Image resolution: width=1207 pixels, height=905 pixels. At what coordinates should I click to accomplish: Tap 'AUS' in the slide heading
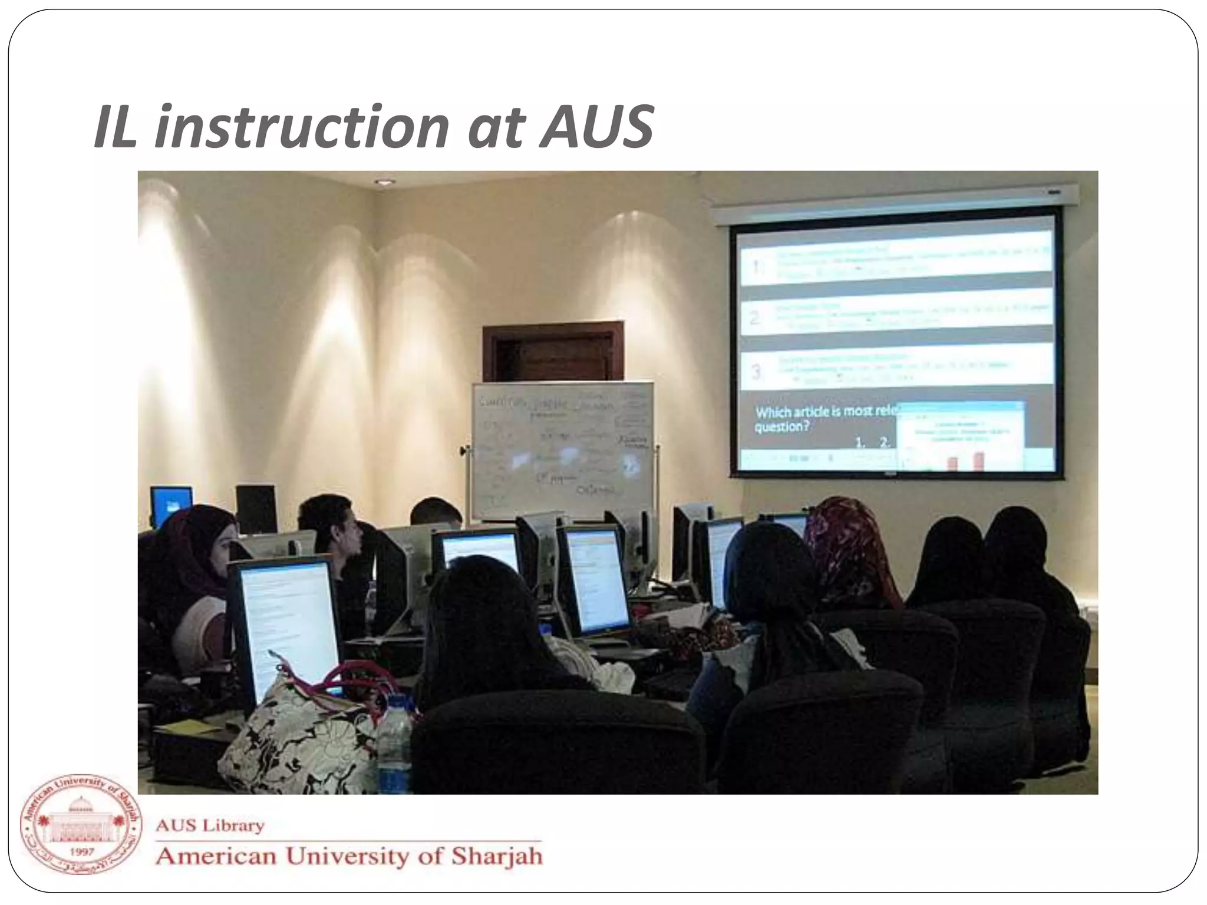pyautogui.click(x=596, y=127)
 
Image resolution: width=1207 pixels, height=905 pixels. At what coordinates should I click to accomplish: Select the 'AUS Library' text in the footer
pyautogui.click(x=210, y=825)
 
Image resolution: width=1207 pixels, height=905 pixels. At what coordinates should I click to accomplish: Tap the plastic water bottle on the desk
pyautogui.click(x=394, y=745)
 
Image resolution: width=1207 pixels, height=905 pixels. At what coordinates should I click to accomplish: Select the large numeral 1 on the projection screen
pyautogui.click(x=757, y=268)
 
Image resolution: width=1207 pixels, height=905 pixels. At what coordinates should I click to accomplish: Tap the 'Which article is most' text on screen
pyautogui.click(x=825, y=411)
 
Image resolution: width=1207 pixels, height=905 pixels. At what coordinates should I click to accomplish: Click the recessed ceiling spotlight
pyautogui.click(x=384, y=182)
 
